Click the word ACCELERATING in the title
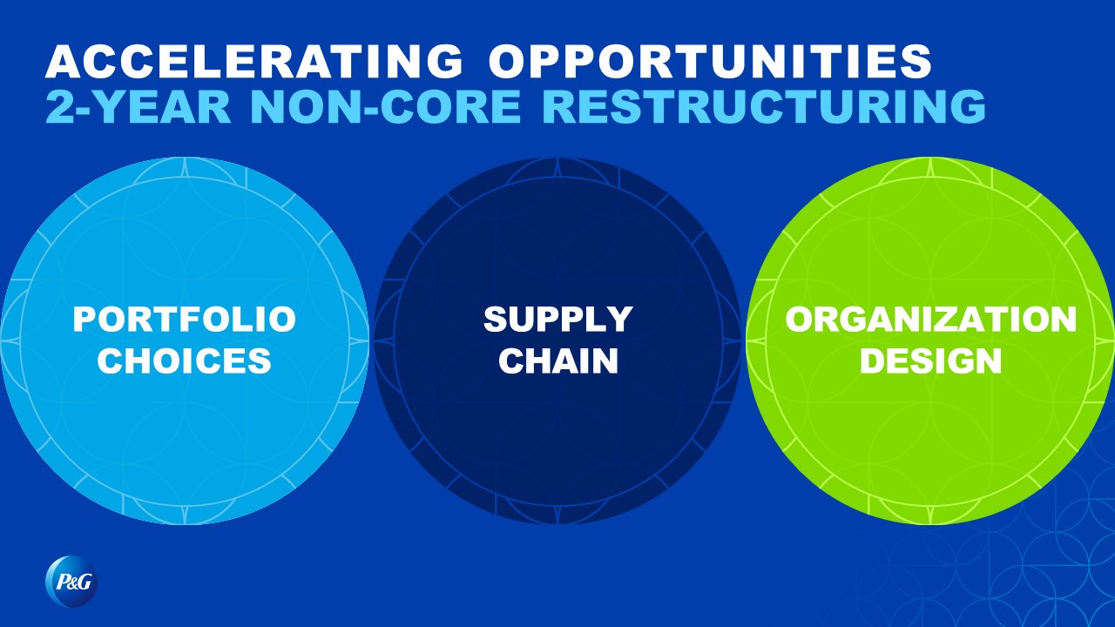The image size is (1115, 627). [x=253, y=61]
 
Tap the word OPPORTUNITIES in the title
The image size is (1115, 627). [x=710, y=61]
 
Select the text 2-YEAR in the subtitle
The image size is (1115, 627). [x=139, y=106]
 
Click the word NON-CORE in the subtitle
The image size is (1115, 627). [x=386, y=106]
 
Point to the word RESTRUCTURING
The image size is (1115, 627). [x=764, y=106]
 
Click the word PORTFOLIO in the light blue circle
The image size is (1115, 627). [x=185, y=319]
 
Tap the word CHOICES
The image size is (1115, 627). [x=184, y=361]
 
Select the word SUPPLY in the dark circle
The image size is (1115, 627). [x=558, y=319]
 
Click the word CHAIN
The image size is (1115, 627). [x=558, y=361]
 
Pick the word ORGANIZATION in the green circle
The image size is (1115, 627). [x=931, y=319]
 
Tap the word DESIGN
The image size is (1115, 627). [x=931, y=361]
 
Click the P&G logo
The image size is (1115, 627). [x=71, y=581]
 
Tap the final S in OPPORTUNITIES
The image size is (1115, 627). [x=916, y=61]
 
